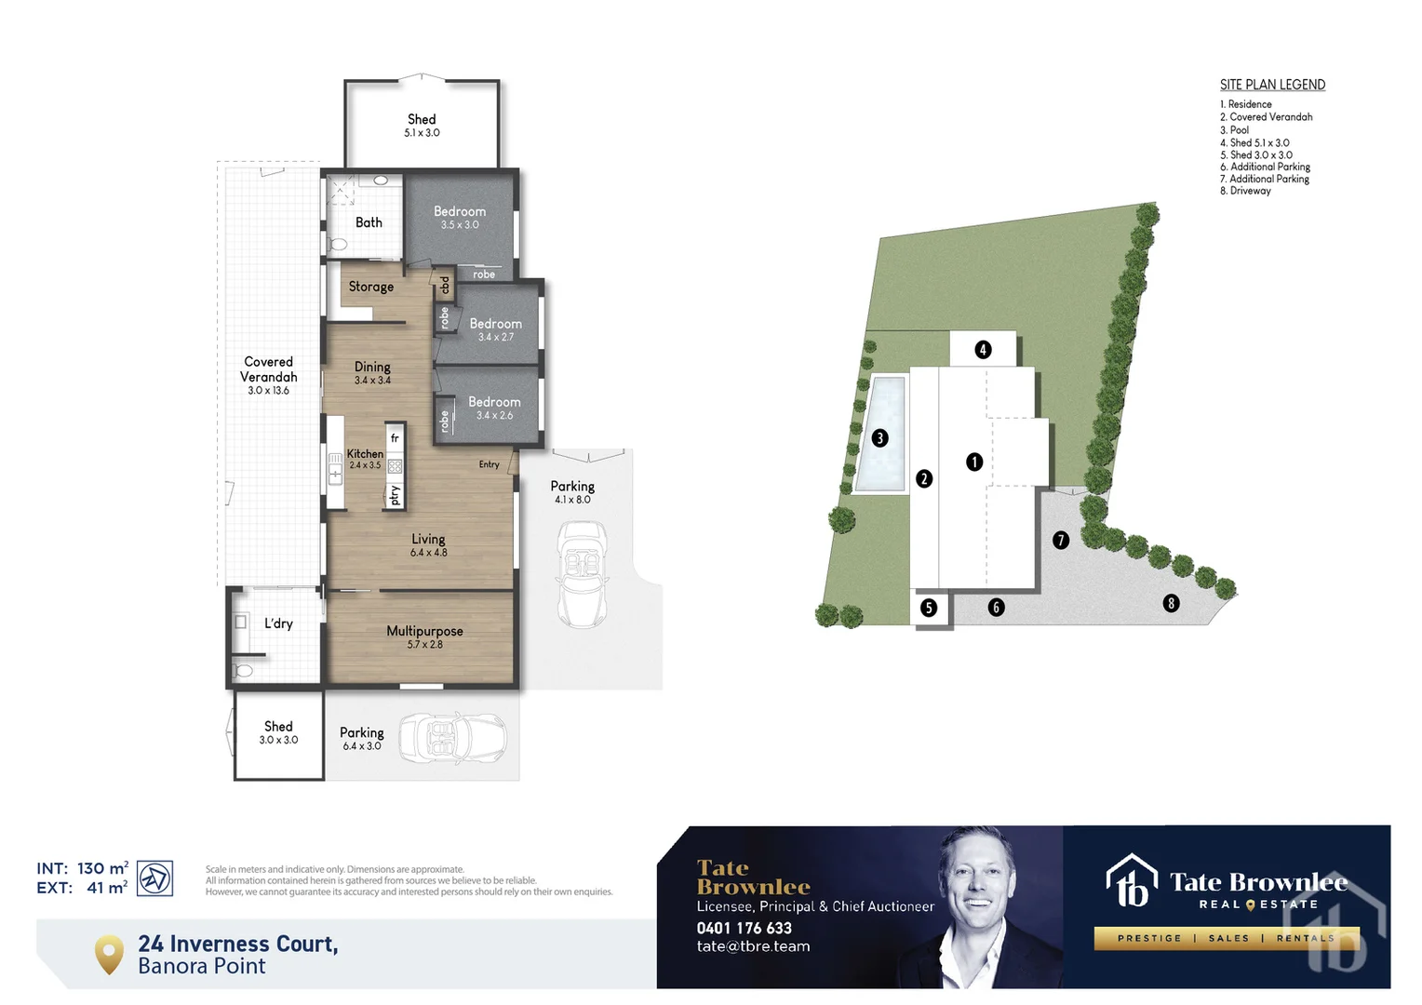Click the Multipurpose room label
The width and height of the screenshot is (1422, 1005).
424,632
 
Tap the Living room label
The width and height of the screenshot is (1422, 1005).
428,540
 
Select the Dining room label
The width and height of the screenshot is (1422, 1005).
372,368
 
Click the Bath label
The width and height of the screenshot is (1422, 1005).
369,222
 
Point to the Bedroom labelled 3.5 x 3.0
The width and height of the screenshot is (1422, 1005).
460,212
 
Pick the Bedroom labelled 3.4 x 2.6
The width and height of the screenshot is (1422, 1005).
494,403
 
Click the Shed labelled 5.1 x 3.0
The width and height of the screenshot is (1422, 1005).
422,120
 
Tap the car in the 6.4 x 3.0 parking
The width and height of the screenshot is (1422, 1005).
453,738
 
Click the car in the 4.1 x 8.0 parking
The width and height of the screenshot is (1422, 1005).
582,573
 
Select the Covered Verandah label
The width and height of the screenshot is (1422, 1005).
268,369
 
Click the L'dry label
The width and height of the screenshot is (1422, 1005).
278,623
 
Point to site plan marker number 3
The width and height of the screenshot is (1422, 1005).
879,438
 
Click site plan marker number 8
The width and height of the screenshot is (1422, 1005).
1171,603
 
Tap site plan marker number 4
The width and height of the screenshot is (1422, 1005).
983,350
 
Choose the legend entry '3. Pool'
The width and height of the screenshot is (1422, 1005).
1235,130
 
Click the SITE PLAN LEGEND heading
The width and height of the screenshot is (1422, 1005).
1272,85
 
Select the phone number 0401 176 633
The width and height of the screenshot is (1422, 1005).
744,928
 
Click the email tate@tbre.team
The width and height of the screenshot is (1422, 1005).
753,946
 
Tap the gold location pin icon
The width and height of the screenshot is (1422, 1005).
109,954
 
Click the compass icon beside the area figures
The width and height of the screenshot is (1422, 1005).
154,878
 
